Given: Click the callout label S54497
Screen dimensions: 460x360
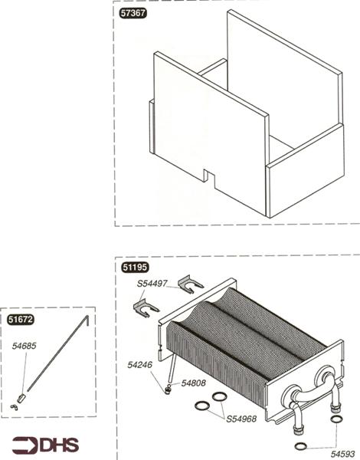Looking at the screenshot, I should [153, 284].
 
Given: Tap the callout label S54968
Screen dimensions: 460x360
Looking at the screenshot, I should [241, 419].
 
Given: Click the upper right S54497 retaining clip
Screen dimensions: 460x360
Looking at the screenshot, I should [191, 285].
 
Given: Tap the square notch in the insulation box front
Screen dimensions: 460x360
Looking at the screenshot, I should [209, 176].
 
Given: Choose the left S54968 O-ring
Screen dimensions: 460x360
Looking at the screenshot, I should [203, 405].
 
